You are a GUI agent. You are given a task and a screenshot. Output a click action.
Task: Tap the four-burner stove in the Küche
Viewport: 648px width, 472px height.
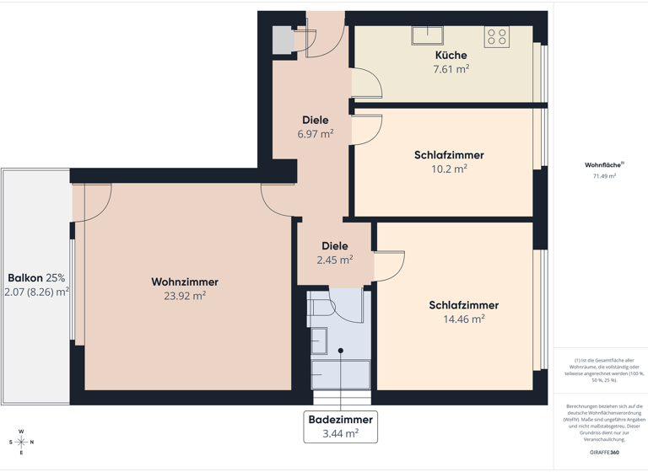496,36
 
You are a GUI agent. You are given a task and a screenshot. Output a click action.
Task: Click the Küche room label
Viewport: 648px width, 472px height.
451,56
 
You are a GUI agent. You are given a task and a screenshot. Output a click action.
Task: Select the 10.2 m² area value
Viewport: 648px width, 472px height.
449,169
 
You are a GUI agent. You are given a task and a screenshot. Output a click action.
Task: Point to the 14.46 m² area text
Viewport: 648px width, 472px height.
463,319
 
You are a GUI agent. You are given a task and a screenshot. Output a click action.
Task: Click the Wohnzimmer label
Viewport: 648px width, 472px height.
185,282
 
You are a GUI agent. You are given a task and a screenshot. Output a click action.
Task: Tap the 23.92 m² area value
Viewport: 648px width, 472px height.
185,296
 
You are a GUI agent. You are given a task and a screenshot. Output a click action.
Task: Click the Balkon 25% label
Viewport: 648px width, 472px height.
36,277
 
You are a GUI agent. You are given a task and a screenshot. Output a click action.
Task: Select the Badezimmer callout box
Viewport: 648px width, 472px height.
341,426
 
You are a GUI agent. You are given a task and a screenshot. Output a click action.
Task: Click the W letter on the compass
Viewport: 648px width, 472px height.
22,430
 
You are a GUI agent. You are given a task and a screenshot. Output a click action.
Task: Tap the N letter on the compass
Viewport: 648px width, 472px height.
32,442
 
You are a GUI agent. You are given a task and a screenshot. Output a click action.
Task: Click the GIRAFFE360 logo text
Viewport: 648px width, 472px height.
603,453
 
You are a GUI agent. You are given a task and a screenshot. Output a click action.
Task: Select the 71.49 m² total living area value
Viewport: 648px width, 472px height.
603,176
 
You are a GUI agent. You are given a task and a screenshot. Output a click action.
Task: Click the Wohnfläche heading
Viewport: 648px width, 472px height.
602,165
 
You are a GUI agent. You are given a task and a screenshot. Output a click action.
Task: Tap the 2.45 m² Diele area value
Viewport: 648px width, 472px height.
334,260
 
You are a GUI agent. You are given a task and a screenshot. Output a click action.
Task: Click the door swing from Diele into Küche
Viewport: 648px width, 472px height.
366,83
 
